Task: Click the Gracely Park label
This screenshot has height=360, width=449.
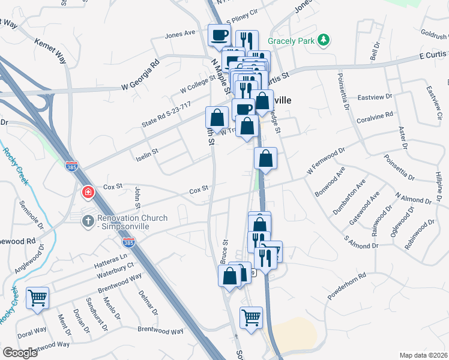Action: click(x=292, y=40)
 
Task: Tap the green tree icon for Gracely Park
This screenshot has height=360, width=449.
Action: click(x=324, y=40)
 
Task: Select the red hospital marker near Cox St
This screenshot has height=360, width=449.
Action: click(x=88, y=193)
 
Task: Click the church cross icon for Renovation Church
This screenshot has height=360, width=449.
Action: click(x=88, y=221)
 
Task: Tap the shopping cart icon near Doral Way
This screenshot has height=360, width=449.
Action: click(x=38, y=298)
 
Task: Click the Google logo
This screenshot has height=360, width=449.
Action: click(x=20, y=353)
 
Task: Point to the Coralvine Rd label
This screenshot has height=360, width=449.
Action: click(x=375, y=115)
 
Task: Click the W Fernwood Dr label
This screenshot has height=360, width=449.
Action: click(x=327, y=163)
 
